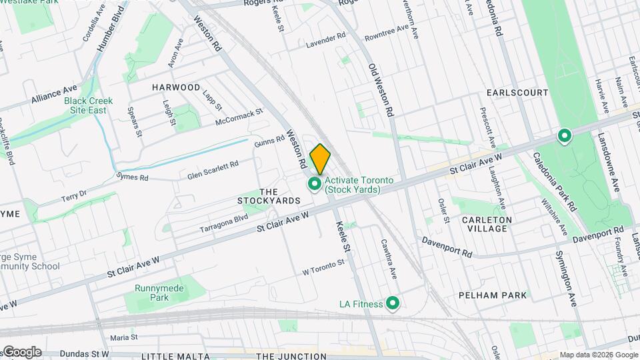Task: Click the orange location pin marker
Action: pos(320,159)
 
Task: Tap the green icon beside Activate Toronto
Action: pos(314,183)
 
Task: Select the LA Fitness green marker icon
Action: pos(393,304)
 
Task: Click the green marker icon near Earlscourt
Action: pos(564,137)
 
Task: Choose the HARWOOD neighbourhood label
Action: pos(176,87)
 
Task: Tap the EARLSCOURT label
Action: pos(517,93)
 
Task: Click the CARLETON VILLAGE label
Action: pos(487,224)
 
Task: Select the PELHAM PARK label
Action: pos(493,295)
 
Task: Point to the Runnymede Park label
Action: pos(151,293)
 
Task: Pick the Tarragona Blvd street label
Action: pos(224,223)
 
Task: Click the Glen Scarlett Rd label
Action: pos(213,170)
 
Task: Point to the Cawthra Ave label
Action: pos(389,259)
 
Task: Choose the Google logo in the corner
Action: pos(21,352)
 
